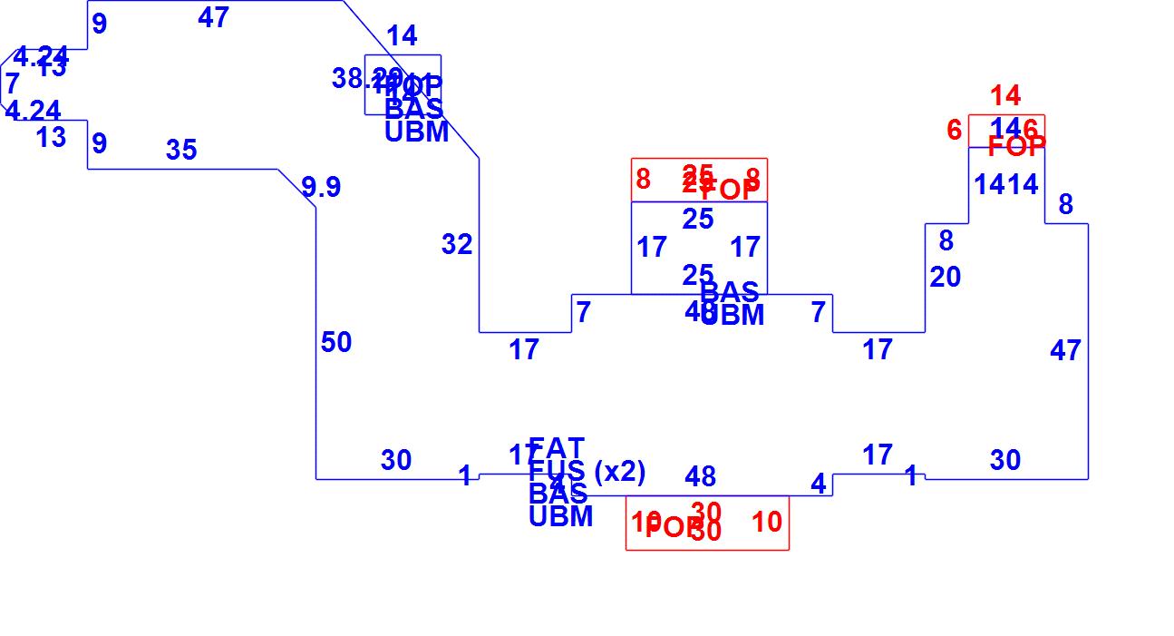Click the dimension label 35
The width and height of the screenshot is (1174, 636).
point(181,150)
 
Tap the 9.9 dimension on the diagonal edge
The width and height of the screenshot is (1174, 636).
point(321,187)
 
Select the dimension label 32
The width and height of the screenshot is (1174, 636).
point(457,244)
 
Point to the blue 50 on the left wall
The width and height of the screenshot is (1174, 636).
point(335,343)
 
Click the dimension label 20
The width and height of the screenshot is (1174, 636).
point(945,278)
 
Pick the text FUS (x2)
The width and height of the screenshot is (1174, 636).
point(587,472)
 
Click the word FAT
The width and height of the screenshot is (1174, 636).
point(556,448)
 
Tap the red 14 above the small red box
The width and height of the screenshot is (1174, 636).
point(1005,95)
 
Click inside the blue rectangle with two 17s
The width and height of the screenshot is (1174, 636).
point(698,248)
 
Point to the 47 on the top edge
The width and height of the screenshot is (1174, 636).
point(213,17)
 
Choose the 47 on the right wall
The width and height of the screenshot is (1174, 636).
point(1065,350)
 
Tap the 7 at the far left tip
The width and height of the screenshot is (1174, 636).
point(12,83)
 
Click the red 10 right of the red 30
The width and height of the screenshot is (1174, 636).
point(766,523)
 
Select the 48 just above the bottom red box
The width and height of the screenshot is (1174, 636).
point(700,476)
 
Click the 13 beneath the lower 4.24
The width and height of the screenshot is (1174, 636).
point(51,138)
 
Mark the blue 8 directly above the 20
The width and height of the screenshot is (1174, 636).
point(946,241)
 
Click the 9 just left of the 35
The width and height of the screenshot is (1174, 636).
point(99,143)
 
